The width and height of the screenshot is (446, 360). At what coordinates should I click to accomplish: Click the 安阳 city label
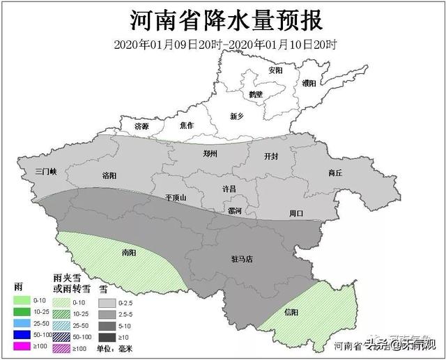coord(275,70)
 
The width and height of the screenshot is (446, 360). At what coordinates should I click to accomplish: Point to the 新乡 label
coord(238,116)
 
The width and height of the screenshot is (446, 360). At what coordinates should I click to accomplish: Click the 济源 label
coord(141,127)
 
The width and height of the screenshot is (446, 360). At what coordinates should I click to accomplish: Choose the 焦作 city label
coord(187,126)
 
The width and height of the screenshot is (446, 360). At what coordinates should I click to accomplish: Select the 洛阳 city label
coord(109,175)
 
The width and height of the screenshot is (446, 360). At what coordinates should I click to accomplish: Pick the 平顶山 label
coord(176,198)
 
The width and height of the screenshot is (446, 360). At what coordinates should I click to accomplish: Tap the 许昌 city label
coord(228,189)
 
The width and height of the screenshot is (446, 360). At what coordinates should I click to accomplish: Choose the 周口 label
coord(296,213)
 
